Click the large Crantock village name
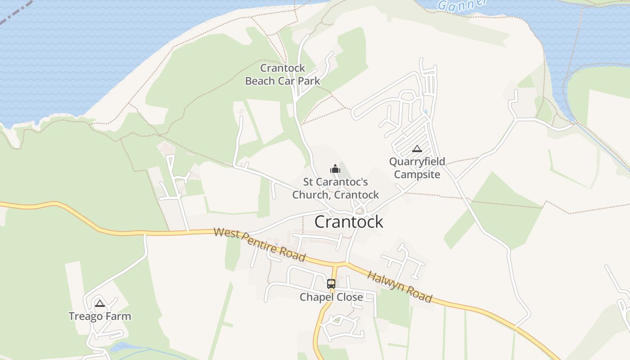pyautogui.click(x=349, y=222)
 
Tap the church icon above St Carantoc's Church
pyautogui.click(x=335, y=169)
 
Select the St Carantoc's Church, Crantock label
pyautogui.click(x=336, y=189)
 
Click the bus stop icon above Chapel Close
pyautogui.click(x=331, y=284)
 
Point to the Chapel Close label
pyautogui.click(x=331, y=297)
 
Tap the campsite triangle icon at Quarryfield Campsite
pyautogui.click(x=417, y=148)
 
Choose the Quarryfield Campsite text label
pyautogui.click(x=417, y=168)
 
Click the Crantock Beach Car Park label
pyautogui.click(x=283, y=75)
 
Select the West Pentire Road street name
pyautogui.click(x=260, y=244)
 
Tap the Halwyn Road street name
pyautogui.click(x=400, y=287)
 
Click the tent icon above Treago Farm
pyautogui.click(x=100, y=303)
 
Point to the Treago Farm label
pyautogui.click(x=100, y=316)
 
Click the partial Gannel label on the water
pyautogui.click(x=462, y=4)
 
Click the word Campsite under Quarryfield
pyautogui.click(x=417, y=175)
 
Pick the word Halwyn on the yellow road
pyautogui.click(x=385, y=281)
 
